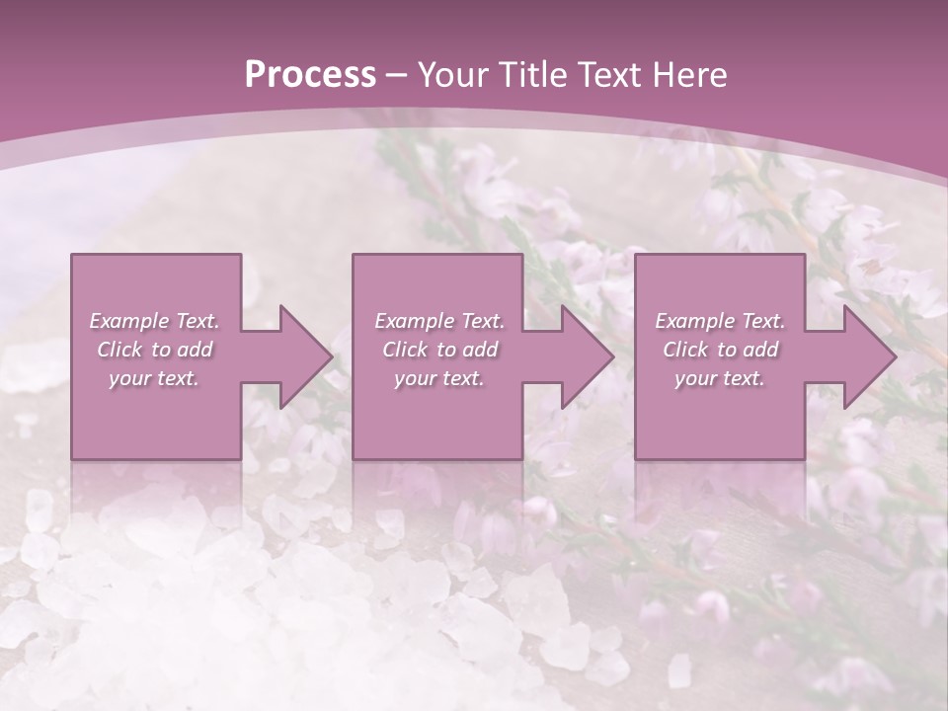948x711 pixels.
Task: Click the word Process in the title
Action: point(310,75)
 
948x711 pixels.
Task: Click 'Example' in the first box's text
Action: point(128,321)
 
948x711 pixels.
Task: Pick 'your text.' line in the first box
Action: point(154,378)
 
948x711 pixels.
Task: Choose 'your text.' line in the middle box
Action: point(438,378)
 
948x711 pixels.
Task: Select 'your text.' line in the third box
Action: point(720,378)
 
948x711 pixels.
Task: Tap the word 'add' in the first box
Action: point(195,350)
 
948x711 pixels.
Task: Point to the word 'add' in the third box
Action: point(760,350)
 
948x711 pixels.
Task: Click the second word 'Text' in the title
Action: point(613,75)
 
